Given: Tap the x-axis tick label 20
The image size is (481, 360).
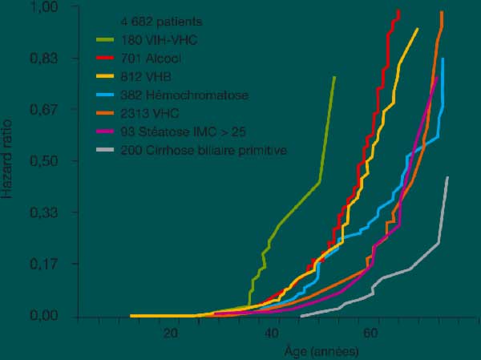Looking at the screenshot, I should pyautogui.click(x=170, y=333).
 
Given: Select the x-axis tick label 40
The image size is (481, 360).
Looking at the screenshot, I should pyautogui.click(x=271, y=333).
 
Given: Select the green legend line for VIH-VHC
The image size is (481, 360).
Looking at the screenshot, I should pyautogui.click(x=106, y=39).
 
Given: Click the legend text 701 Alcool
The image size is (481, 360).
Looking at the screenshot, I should pyautogui.click(x=150, y=58).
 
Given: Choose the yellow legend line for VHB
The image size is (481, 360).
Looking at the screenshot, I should pyautogui.click(x=106, y=76).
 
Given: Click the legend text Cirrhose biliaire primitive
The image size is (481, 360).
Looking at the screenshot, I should pyautogui.click(x=204, y=150).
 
